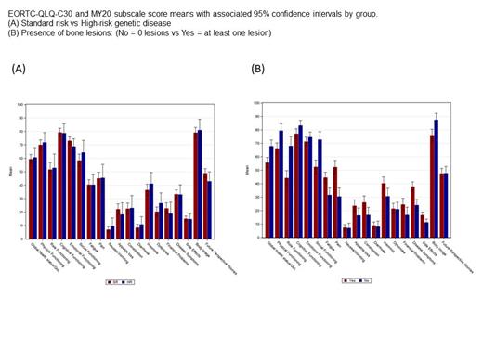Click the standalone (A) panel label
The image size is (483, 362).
coord(19,69)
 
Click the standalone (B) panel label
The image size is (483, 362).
coord(259,69)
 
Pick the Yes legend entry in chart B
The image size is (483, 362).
coord(347,278)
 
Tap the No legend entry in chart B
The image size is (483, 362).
coord(366,278)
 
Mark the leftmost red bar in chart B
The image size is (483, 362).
coord(267,195)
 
